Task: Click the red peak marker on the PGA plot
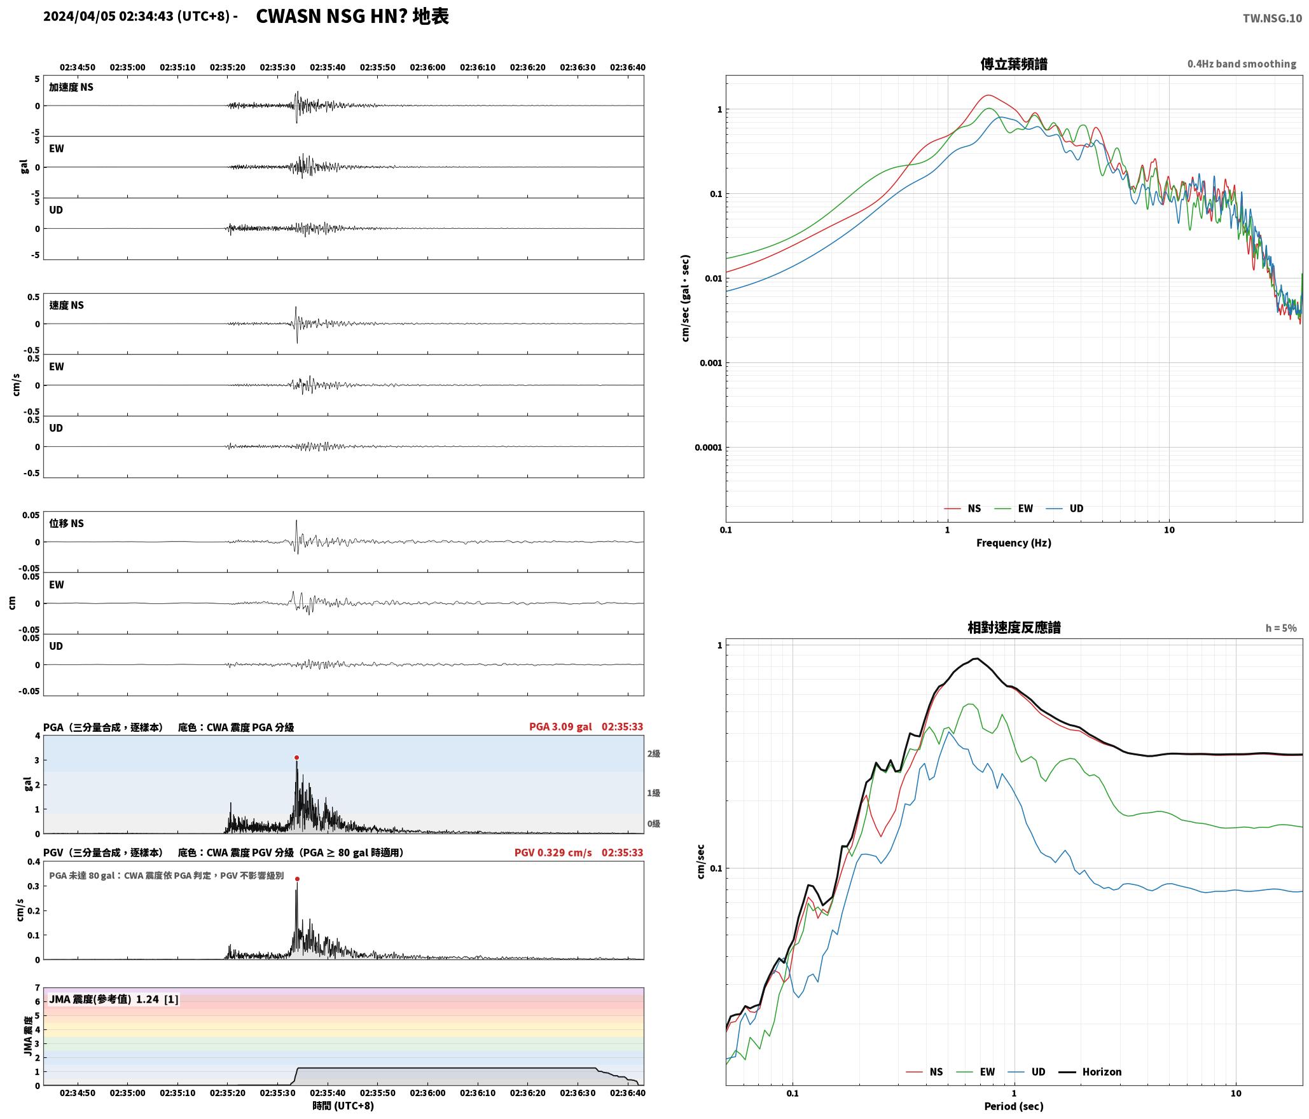296,757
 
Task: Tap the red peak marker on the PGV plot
297,879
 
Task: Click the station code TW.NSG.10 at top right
1272,18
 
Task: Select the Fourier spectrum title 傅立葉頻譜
1014,64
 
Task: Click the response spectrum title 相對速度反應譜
1014,628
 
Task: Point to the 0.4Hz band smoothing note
1242,64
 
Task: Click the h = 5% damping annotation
1280,628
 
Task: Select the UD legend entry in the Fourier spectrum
1065,509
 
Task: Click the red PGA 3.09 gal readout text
560,727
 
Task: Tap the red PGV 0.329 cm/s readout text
553,853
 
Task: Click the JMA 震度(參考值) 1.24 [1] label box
114,999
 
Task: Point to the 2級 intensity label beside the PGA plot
654,754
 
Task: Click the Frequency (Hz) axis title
1014,543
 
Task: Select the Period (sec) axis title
1014,1106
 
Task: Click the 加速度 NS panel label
71,87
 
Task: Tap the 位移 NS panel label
67,523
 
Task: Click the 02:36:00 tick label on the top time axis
427,67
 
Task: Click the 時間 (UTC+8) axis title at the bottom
343,1106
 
